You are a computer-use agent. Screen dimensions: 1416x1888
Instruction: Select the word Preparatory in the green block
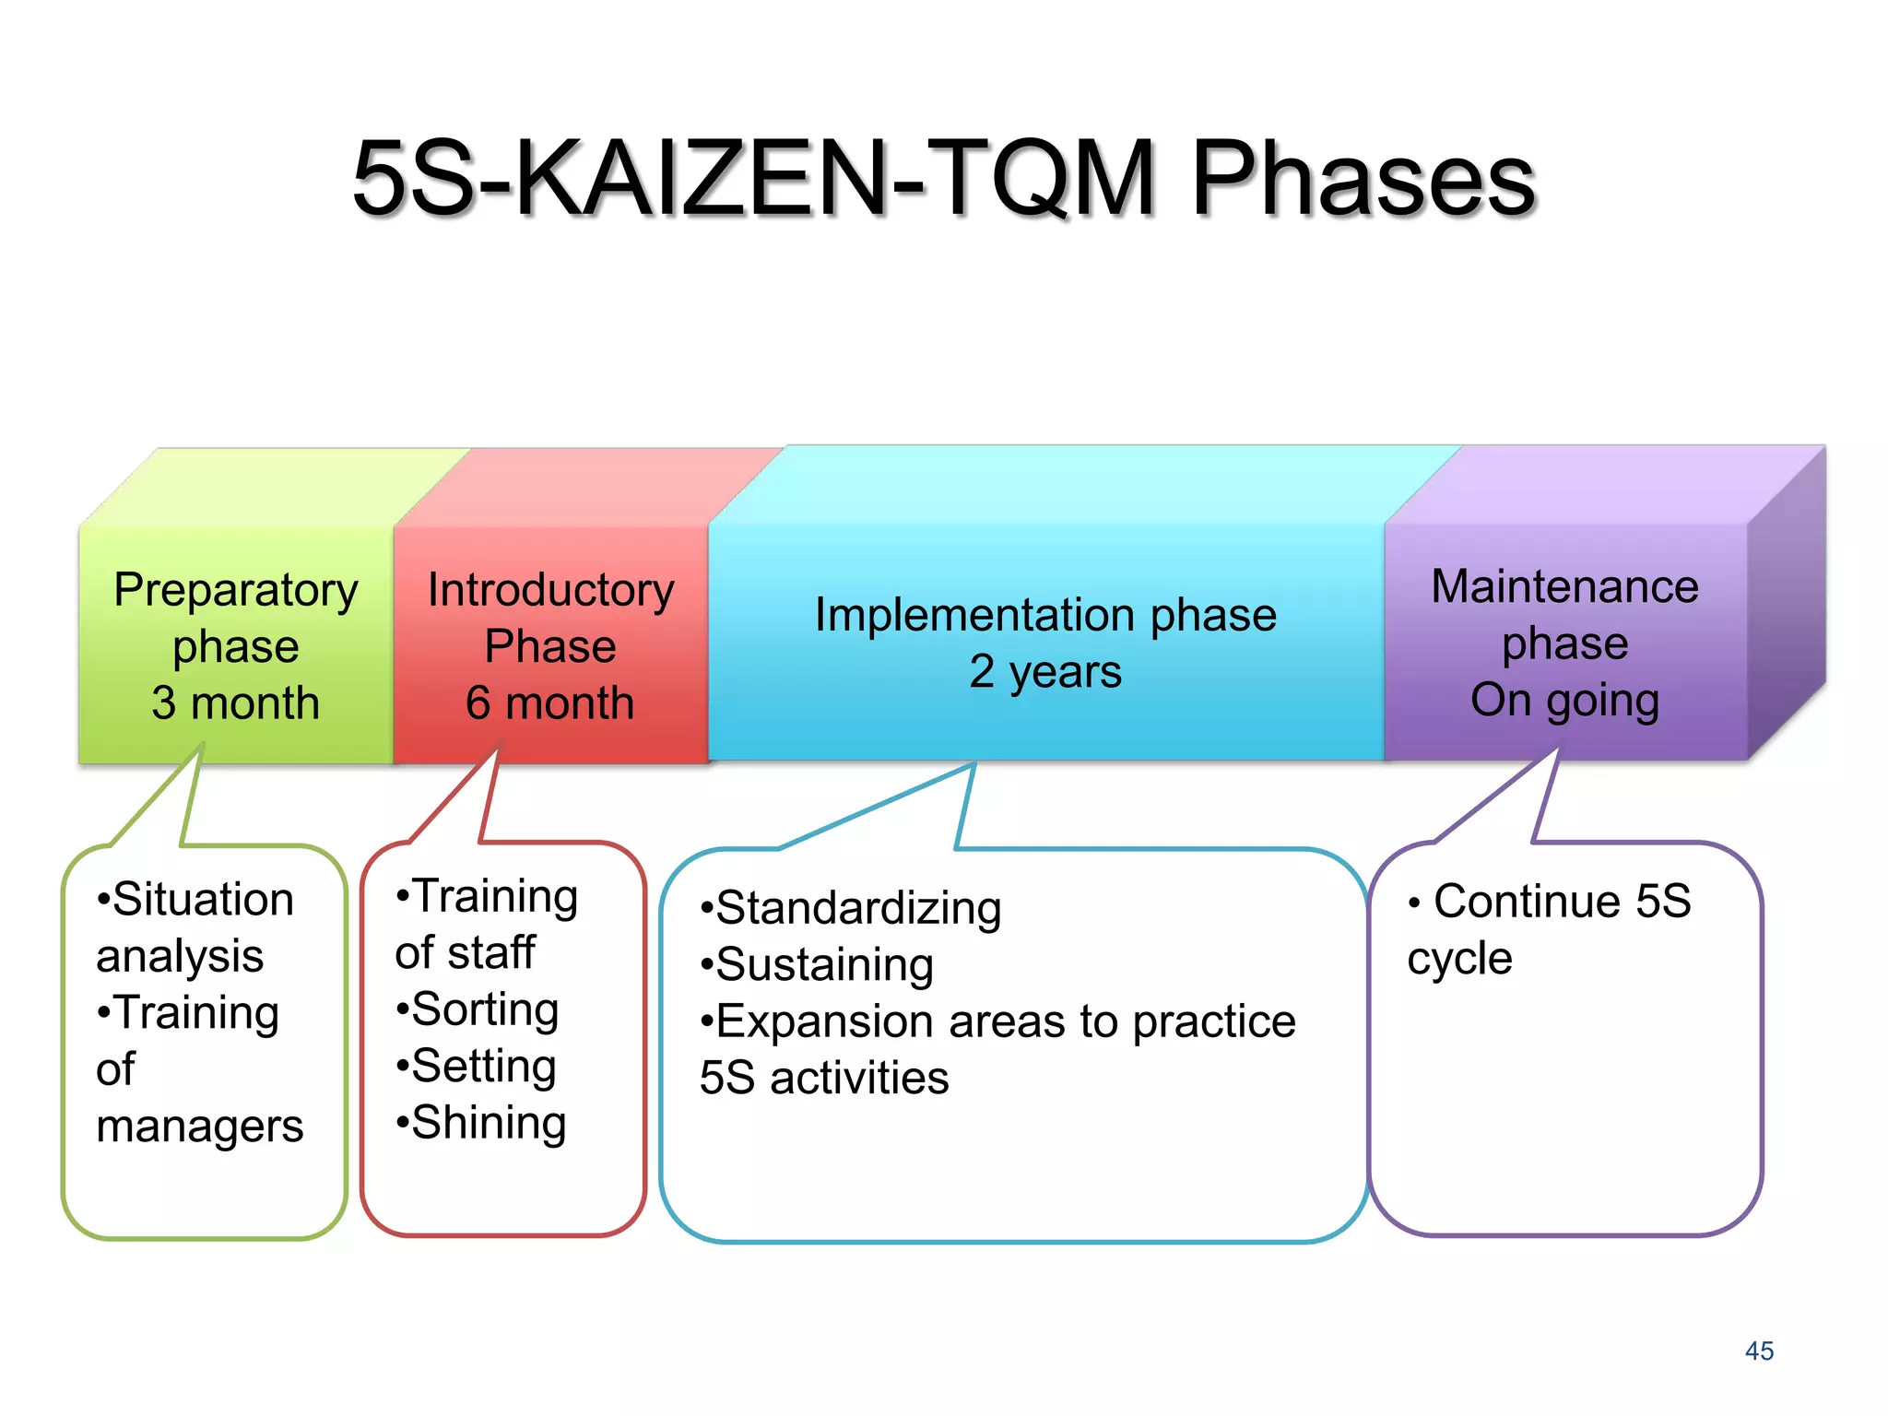coord(236,590)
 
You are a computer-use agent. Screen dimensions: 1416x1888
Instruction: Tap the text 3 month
coord(236,702)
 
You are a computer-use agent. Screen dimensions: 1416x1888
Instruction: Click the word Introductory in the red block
coord(550,590)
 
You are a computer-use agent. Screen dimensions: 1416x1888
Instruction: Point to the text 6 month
coord(550,702)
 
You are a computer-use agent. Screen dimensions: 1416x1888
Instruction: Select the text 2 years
coord(1044,671)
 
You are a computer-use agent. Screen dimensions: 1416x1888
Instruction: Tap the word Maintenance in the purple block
coord(1564,586)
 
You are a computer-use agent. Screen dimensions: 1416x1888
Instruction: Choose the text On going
coord(1564,700)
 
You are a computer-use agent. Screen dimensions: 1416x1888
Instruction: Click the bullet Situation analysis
coord(195,927)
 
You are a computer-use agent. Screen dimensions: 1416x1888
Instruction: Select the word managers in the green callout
coord(199,1127)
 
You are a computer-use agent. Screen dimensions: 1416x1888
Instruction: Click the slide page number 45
coord(1759,1351)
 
